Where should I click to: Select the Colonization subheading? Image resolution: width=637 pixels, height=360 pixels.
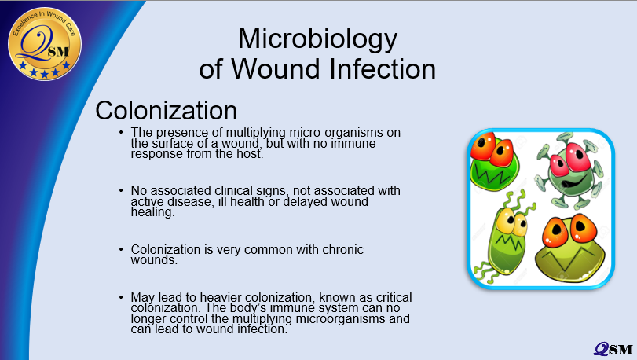167,110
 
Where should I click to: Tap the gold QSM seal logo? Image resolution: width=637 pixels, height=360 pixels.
45,44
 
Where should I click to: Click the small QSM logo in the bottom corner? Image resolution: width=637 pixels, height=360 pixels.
613,349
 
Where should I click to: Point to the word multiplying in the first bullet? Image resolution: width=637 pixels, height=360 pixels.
255,133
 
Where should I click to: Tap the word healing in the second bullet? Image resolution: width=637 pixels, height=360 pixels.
152,212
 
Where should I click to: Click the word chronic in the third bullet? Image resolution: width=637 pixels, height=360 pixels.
342,249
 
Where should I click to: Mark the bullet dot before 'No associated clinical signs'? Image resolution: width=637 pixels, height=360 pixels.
121,190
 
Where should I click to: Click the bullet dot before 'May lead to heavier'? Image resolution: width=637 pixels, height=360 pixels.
121,297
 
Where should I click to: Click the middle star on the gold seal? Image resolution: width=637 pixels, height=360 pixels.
45,75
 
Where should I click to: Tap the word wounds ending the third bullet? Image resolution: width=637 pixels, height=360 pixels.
154,260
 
